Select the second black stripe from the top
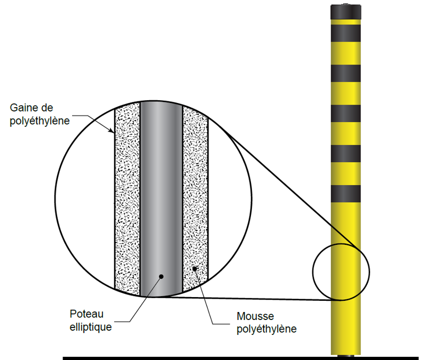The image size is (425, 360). click(347, 73)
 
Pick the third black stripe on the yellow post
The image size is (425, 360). click(347, 114)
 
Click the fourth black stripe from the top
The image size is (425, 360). click(347, 154)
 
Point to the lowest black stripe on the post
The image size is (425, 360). click(347, 194)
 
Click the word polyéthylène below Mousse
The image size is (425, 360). click(266, 329)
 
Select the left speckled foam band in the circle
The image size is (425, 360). click(128, 197)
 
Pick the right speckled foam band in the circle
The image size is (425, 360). click(195, 197)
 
